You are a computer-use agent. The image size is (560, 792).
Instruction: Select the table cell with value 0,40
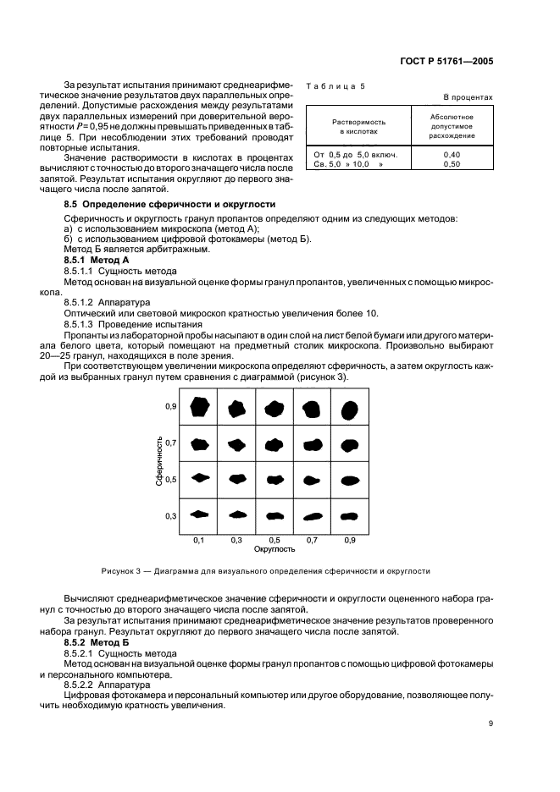click(452, 155)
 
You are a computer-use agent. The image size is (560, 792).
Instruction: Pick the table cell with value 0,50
click(452, 164)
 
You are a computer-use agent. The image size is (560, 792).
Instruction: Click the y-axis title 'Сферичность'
click(158, 460)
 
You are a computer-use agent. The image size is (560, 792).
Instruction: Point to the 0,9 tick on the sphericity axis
click(170, 407)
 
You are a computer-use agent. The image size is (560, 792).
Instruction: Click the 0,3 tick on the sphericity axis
click(170, 515)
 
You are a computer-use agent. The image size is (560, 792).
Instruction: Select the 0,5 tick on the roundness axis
click(274, 539)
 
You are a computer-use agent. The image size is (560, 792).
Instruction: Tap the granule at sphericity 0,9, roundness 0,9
click(349, 410)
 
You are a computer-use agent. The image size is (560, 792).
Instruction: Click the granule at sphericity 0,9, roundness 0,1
click(199, 407)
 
